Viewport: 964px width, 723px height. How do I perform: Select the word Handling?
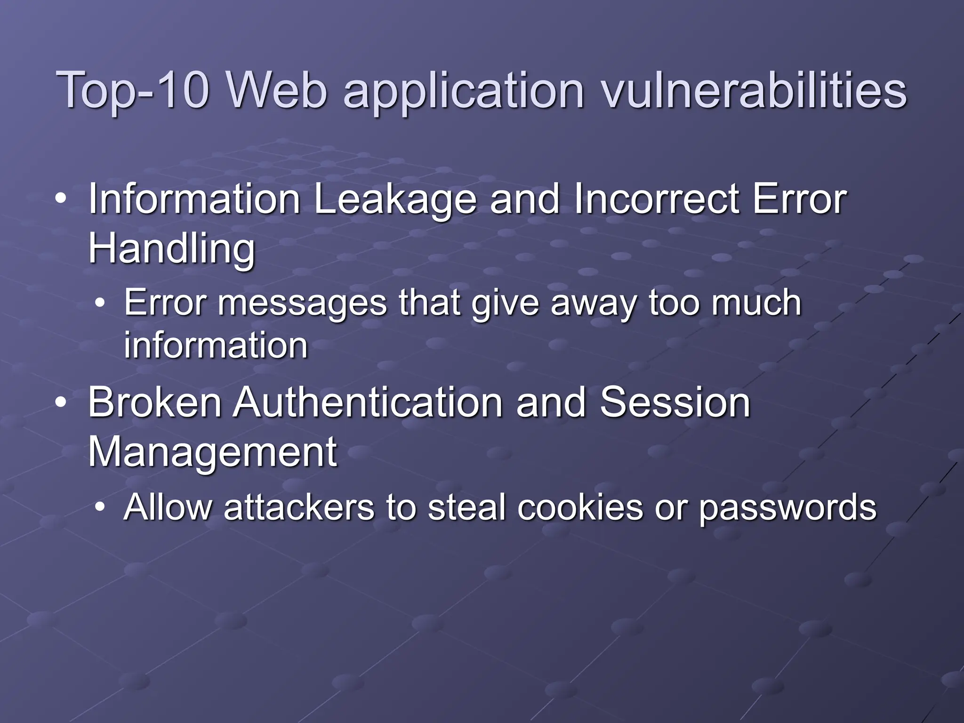tap(171, 249)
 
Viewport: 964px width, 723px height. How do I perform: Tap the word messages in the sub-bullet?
tap(302, 304)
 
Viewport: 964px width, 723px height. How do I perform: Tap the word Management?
tap(212, 453)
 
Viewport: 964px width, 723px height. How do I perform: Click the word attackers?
tap(299, 507)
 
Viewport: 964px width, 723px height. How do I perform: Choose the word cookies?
tap(580, 507)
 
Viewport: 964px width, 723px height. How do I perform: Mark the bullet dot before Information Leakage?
tap(60, 200)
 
